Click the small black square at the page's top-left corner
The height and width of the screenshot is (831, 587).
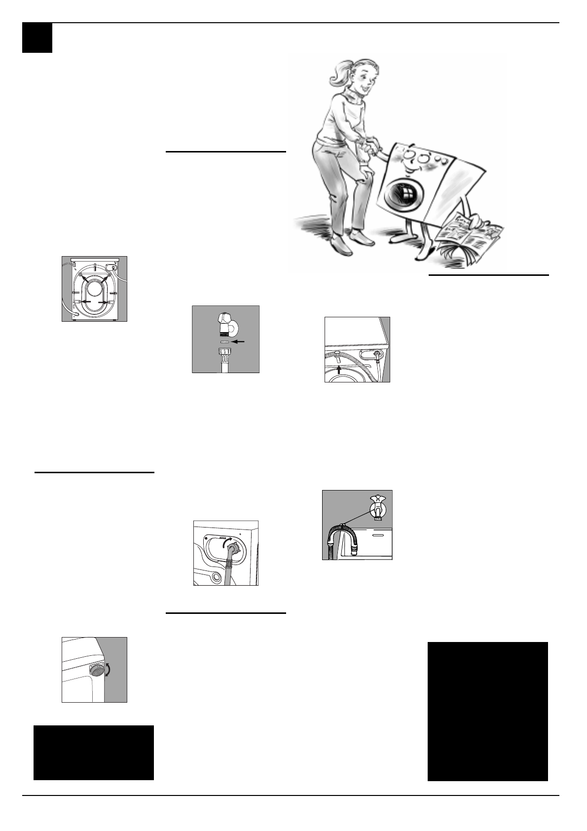click(37, 38)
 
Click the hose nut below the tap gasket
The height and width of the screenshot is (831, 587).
click(225, 354)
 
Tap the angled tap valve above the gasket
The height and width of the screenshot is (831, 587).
click(225, 323)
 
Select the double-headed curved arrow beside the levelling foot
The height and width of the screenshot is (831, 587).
click(109, 670)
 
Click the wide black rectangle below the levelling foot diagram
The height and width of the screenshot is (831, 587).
click(94, 753)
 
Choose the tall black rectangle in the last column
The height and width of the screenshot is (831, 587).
click(487, 711)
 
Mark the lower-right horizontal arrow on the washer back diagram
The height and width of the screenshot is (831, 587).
click(104, 302)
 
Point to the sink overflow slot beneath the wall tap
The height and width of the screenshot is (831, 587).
click(377, 534)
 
